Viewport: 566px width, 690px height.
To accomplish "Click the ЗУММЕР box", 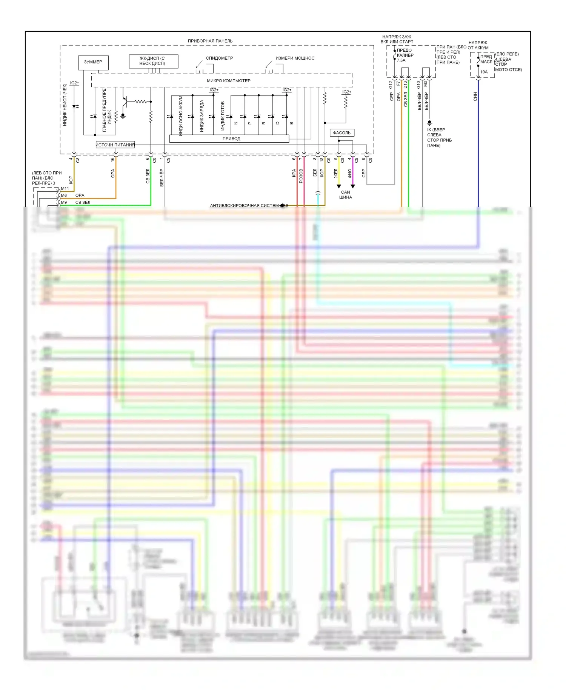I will [93, 62].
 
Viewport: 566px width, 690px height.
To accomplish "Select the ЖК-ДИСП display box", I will [153, 61].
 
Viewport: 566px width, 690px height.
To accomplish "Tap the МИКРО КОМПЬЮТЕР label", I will [228, 81].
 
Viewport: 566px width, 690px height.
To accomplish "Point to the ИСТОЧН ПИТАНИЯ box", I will [115, 145].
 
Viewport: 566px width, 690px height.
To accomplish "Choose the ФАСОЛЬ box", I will [342, 133].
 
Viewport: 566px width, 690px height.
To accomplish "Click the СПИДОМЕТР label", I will [219, 58].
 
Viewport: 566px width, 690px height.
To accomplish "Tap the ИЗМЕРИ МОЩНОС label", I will [295, 58].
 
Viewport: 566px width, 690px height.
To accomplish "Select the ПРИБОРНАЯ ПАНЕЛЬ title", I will [210, 41].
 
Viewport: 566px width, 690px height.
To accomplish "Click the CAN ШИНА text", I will [345, 195].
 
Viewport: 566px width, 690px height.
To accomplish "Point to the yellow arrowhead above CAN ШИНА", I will [339, 186].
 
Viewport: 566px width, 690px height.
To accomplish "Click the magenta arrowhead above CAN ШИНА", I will [353, 186].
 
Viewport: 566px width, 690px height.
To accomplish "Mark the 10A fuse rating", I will [484, 72].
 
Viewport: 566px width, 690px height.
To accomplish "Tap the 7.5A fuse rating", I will [401, 60].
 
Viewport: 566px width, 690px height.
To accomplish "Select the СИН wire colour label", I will [475, 97].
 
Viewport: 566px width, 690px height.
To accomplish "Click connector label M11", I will [65, 189].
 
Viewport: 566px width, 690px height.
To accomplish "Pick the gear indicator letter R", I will [263, 123].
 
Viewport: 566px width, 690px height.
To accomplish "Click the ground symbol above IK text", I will [429, 123].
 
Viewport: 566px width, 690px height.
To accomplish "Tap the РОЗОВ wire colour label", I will [301, 176].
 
